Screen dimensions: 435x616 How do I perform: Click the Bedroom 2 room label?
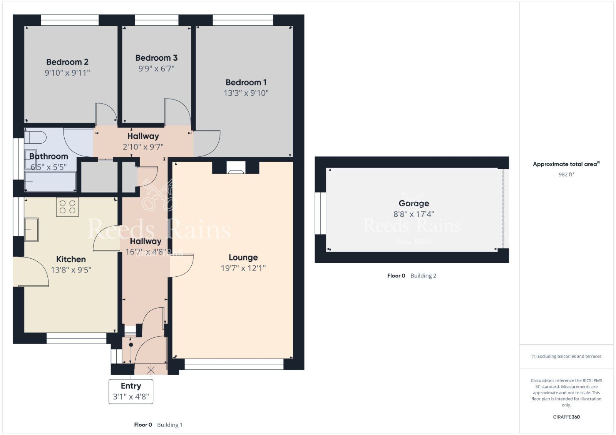click(67, 62)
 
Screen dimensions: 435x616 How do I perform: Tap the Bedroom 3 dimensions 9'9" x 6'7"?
click(156, 69)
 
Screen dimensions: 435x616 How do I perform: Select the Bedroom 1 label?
click(246, 82)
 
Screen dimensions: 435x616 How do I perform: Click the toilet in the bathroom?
click(35, 137)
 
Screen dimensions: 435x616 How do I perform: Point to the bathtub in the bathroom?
click(50, 182)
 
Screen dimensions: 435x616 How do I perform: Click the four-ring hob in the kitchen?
click(67, 207)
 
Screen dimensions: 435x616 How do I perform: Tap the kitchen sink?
click(32, 229)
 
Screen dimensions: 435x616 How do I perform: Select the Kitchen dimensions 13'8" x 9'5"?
click(71, 270)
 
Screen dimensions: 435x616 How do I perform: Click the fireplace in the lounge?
click(236, 168)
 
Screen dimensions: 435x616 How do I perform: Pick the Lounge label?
click(243, 257)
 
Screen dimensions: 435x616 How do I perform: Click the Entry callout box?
click(131, 391)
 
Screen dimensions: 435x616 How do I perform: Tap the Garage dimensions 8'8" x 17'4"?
click(413, 214)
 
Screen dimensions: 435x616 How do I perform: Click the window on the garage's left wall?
click(320, 213)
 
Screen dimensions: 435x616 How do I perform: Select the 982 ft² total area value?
click(566, 174)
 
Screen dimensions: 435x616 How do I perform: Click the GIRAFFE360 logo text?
click(566, 417)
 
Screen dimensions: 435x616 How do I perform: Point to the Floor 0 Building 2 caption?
click(412, 276)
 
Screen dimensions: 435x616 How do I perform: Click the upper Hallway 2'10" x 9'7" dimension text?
click(143, 147)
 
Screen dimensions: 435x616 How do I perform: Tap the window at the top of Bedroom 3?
click(157, 20)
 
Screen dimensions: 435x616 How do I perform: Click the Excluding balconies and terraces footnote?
click(566, 356)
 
